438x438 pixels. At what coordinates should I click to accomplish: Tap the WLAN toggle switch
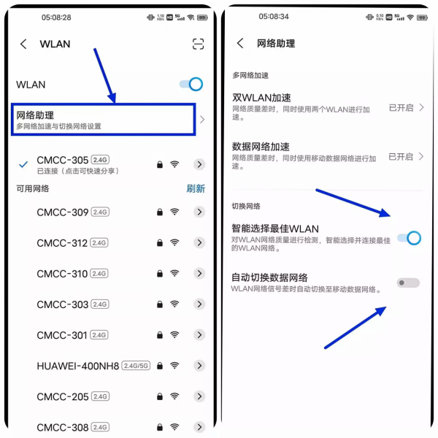point(191,85)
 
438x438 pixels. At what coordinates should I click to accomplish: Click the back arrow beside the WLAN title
point(23,44)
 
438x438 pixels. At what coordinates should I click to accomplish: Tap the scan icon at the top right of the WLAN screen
point(198,44)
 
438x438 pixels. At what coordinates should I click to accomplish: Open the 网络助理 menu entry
point(106,120)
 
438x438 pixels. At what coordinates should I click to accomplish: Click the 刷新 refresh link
point(196,188)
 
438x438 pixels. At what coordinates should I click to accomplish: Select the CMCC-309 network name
point(62,212)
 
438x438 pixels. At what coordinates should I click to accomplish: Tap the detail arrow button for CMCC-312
point(199,243)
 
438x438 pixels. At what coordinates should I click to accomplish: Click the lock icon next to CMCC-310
point(159,274)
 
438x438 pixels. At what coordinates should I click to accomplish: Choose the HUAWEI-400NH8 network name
point(77,366)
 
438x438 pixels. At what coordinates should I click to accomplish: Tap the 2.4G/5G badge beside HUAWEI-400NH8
point(137,366)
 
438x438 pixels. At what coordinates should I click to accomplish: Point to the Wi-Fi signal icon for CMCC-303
point(174,304)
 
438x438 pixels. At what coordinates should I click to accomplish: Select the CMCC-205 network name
point(62,396)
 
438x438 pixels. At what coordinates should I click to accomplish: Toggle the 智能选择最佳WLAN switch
point(409,237)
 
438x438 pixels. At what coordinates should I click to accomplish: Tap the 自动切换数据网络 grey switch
point(408,283)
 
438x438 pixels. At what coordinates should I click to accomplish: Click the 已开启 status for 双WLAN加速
point(401,107)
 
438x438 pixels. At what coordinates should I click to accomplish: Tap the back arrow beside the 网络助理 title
point(240,44)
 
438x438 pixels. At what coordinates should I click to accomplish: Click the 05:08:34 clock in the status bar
point(274,16)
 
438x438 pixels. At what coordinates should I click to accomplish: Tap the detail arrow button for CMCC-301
point(199,335)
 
